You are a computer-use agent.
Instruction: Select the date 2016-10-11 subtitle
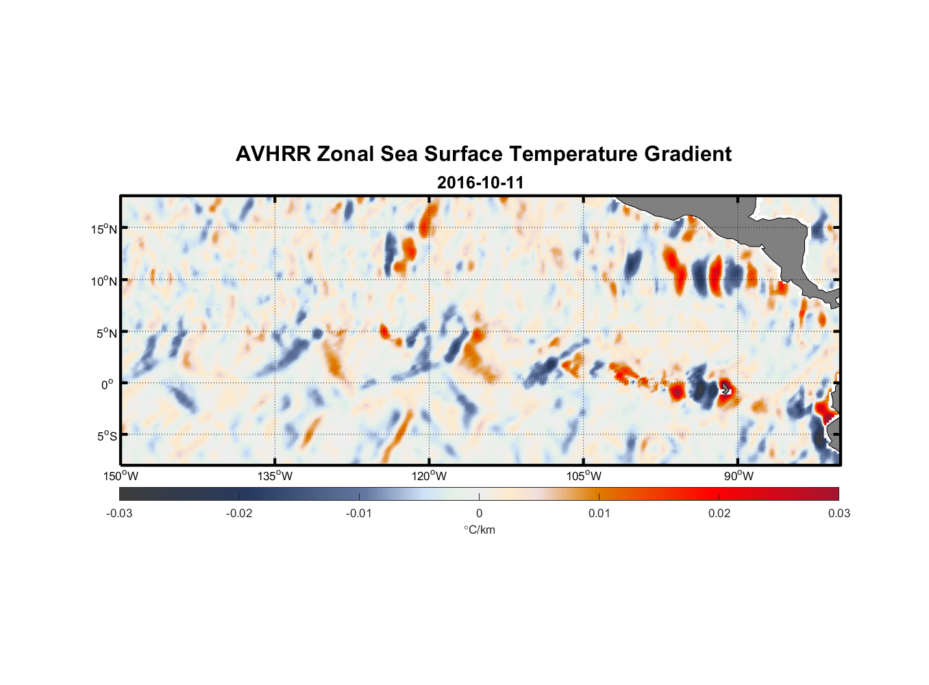pyautogui.click(x=480, y=183)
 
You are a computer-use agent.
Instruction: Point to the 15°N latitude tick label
pyautogui.click(x=104, y=229)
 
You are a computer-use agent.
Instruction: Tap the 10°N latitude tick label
pyautogui.click(x=104, y=281)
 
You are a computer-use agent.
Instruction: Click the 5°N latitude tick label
pyautogui.click(x=106, y=333)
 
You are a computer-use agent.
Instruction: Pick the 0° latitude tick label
pyautogui.click(x=108, y=384)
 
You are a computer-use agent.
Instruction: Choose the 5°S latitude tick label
pyautogui.click(x=106, y=436)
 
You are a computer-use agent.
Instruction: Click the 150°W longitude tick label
pyautogui.click(x=121, y=476)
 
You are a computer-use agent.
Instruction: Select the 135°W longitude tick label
pyautogui.click(x=275, y=476)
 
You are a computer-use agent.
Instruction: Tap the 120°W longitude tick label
pyautogui.click(x=430, y=476)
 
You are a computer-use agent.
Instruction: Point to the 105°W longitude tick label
pyautogui.click(x=584, y=476)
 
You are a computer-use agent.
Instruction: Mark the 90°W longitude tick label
pyautogui.click(x=739, y=476)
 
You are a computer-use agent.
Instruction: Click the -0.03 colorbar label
pyautogui.click(x=119, y=513)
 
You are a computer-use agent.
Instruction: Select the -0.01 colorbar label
pyautogui.click(x=359, y=513)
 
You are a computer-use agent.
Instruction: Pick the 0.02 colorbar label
pyautogui.click(x=719, y=513)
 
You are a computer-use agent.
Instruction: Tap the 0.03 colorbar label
pyautogui.click(x=839, y=513)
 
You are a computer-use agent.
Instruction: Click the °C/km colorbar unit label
pyautogui.click(x=480, y=530)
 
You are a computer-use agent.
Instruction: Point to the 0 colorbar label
pyautogui.click(x=479, y=513)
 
